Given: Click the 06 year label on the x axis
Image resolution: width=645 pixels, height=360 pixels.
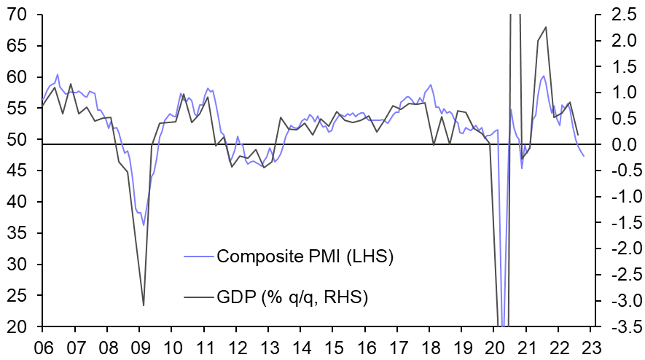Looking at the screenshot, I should click(42, 347).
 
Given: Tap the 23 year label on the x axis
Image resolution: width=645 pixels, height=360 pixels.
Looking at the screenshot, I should click(590, 347).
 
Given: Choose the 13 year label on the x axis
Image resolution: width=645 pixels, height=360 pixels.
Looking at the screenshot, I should click(267, 347).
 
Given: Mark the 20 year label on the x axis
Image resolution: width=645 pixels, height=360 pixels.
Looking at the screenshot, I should click(493, 347).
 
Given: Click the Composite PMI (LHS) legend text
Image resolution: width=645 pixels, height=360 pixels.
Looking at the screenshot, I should click(305, 257).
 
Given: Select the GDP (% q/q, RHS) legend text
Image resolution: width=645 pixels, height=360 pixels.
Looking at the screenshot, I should click(292, 297).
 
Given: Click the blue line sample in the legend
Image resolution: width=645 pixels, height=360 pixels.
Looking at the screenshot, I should click(199, 257).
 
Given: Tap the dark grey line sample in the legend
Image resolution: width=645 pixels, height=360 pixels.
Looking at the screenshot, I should click(199, 297).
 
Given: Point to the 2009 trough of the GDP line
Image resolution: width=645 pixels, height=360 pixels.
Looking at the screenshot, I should click(143, 305).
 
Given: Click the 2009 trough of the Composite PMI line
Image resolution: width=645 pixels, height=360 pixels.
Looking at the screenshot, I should click(143, 224).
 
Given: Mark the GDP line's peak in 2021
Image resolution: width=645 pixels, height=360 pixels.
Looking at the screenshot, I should click(547, 27).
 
